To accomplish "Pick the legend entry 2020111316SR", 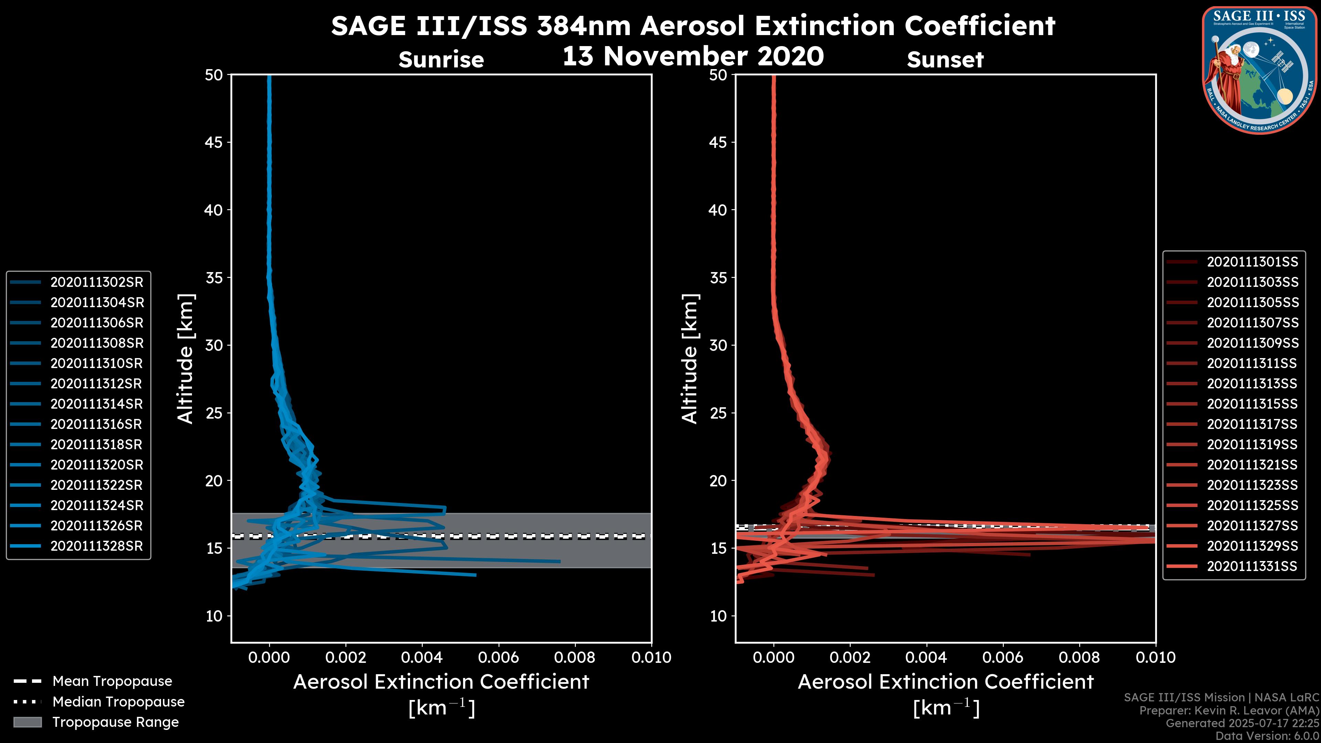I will pyautogui.click(x=96, y=424).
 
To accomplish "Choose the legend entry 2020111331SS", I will pyautogui.click(x=1252, y=566).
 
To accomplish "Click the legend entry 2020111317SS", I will pyautogui.click(x=1252, y=424).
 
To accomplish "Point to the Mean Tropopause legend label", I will pyautogui.click(x=112, y=681).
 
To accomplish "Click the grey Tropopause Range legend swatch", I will pyautogui.click(x=28, y=722).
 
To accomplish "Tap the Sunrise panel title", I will pyautogui.click(x=441, y=60).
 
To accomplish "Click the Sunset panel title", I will pyautogui.click(x=945, y=60).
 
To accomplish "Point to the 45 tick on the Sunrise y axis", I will pyautogui.click(x=214, y=142).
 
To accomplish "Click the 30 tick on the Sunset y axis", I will pyautogui.click(x=718, y=345).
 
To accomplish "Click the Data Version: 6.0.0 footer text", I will pyautogui.click(x=1267, y=736).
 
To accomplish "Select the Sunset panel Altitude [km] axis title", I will pyautogui.click(x=690, y=359).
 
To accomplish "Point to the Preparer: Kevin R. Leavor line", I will pyautogui.click(x=1229, y=710).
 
